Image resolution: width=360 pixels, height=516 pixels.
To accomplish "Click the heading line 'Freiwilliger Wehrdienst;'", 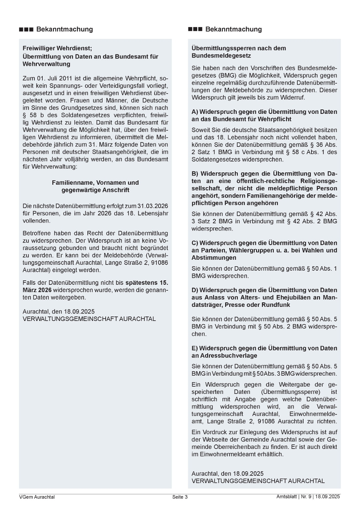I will (x=57, y=48).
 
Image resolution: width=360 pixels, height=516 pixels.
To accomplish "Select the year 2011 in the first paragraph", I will (x=65, y=78).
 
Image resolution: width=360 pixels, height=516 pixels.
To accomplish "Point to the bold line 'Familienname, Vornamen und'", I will (x=95, y=183).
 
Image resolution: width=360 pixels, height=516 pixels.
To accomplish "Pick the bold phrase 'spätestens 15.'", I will (x=147, y=283).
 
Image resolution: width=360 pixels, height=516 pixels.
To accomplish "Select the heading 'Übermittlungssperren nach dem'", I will (x=239, y=48).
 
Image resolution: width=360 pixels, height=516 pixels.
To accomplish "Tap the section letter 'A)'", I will (x=195, y=112).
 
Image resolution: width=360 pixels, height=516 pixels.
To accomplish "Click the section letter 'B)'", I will (x=195, y=174).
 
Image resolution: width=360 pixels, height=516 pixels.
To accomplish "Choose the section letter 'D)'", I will (x=195, y=290).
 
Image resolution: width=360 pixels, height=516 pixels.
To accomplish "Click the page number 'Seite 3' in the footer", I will (x=180, y=497).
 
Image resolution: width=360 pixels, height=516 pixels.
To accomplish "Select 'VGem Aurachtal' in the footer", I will (x=37, y=497).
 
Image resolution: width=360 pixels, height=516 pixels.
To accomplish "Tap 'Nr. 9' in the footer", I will (x=305, y=497).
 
